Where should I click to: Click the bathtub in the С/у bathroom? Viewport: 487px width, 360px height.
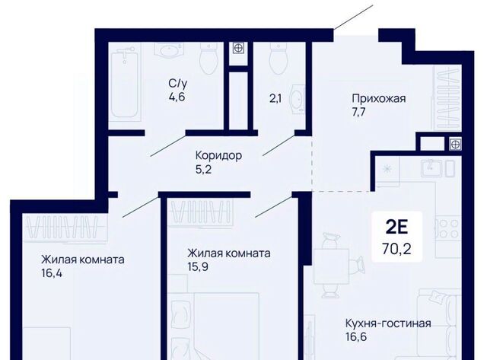tap(124, 84)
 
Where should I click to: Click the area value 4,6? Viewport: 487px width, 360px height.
tap(177, 97)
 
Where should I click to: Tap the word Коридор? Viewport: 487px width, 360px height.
tap(218, 155)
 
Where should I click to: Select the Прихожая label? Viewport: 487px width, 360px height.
tap(379, 99)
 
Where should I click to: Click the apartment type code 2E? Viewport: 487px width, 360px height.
tap(396, 228)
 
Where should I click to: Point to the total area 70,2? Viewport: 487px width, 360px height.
tap(396, 249)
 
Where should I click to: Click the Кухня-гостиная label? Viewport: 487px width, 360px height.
tap(388, 323)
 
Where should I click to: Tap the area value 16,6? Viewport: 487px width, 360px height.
tap(356, 336)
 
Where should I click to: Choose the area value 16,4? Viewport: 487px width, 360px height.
tap(52, 274)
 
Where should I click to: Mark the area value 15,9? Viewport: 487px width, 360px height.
tap(198, 267)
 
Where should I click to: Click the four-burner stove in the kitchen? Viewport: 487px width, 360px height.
tap(448, 228)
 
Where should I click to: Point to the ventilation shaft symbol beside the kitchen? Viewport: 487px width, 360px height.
tap(455, 144)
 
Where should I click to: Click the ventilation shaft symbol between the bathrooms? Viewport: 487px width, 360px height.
tap(238, 48)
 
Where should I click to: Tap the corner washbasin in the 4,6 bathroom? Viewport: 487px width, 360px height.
tap(169, 49)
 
